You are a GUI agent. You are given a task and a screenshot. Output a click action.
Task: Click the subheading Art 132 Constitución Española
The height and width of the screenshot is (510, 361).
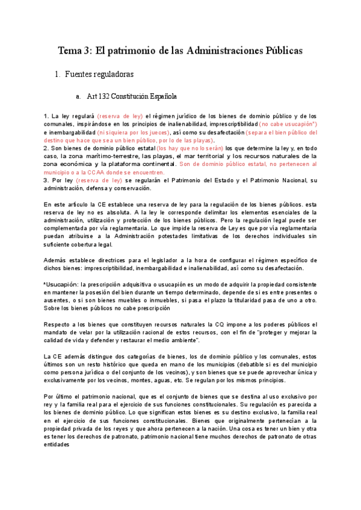pyautogui.click(x=132, y=96)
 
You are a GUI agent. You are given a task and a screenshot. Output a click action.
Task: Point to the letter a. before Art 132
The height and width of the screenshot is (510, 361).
pyautogui.click(x=78, y=96)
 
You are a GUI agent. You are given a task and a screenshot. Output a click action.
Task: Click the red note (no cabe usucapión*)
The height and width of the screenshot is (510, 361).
pyautogui.click(x=291, y=123)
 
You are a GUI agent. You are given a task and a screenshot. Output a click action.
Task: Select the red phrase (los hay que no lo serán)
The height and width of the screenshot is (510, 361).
pyautogui.click(x=190, y=148)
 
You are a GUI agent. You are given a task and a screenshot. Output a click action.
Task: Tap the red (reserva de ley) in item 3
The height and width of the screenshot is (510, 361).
pyautogui.click(x=99, y=180)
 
